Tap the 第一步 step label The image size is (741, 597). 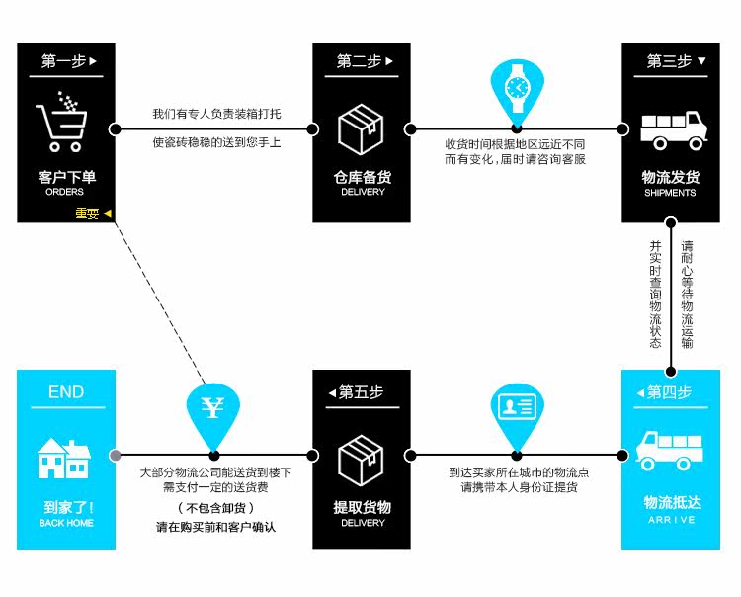point(67,61)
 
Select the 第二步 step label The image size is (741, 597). point(361,61)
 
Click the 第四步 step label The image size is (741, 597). point(672,392)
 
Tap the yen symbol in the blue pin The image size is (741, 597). point(213,408)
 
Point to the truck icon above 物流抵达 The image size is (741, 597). point(670,450)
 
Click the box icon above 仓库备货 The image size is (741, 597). point(361,128)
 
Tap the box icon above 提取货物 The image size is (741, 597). point(361,460)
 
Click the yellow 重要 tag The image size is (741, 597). point(92,213)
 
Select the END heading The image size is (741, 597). point(66,392)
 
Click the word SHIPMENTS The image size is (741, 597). point(670,193)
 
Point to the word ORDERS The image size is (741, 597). point(65,193)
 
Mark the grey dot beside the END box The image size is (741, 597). point(116,456)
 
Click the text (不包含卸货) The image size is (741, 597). point(215,508)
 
